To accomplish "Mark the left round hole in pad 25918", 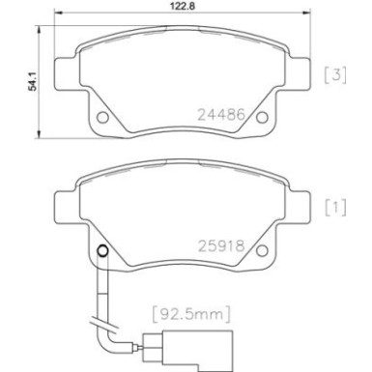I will point(101,254).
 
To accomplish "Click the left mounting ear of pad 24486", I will point(59,73).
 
